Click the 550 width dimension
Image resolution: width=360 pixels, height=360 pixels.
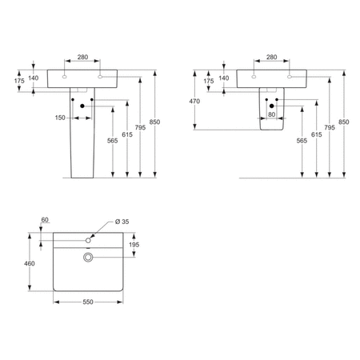point(87,302)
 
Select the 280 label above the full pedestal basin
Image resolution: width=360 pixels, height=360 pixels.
point(82,57)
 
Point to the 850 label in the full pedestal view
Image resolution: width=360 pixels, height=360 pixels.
point(154,121)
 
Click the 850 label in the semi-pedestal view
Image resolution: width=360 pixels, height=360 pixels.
point(344,121)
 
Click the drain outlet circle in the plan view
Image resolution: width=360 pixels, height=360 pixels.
point(88,256)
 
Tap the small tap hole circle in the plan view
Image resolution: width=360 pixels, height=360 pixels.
point(88,238)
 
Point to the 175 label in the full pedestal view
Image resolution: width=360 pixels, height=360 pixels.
point(19,81)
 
